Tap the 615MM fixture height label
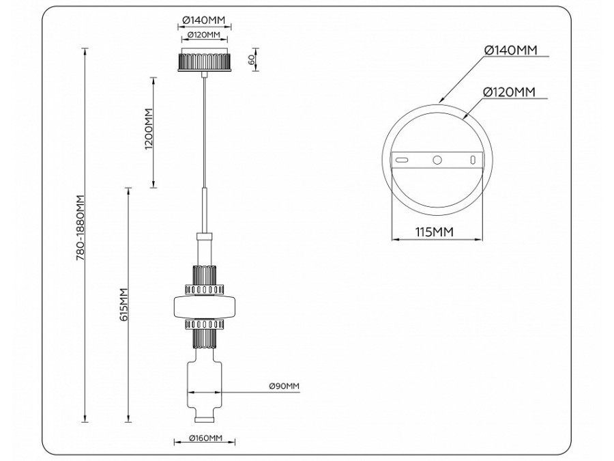point(123,305)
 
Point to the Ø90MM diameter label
point(284,387)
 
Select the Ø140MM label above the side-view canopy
point(205,21)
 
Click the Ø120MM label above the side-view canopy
point(204,35)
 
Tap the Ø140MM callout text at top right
point(510,50)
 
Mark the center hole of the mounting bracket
point(437,160)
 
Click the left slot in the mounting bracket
point(403,160)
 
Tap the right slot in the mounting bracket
point(472,160)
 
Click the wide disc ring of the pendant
point(205,306)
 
